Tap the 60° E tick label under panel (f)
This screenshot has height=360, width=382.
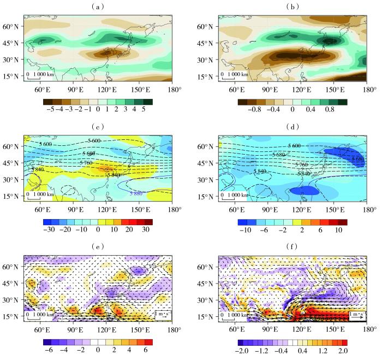tap(237, 329)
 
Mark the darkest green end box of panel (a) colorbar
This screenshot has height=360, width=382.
tap(148, 101)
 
